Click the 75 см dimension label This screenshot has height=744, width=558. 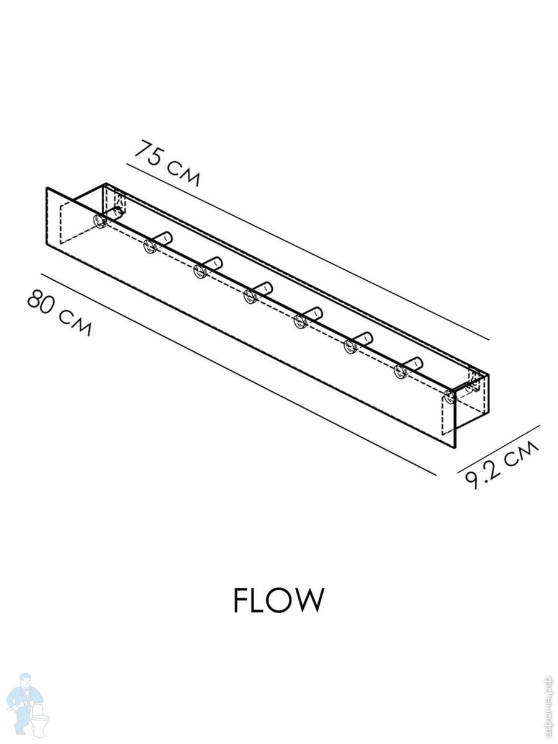(x=168, y=163)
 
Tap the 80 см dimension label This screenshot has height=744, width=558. (x=59, y=312)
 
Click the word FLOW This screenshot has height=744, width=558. (x=278, y=600)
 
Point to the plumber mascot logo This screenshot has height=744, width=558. (x=27, y=703)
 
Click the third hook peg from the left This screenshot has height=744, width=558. (x=207, y=267)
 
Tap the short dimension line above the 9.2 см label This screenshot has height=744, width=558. (x=499, y=448)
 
